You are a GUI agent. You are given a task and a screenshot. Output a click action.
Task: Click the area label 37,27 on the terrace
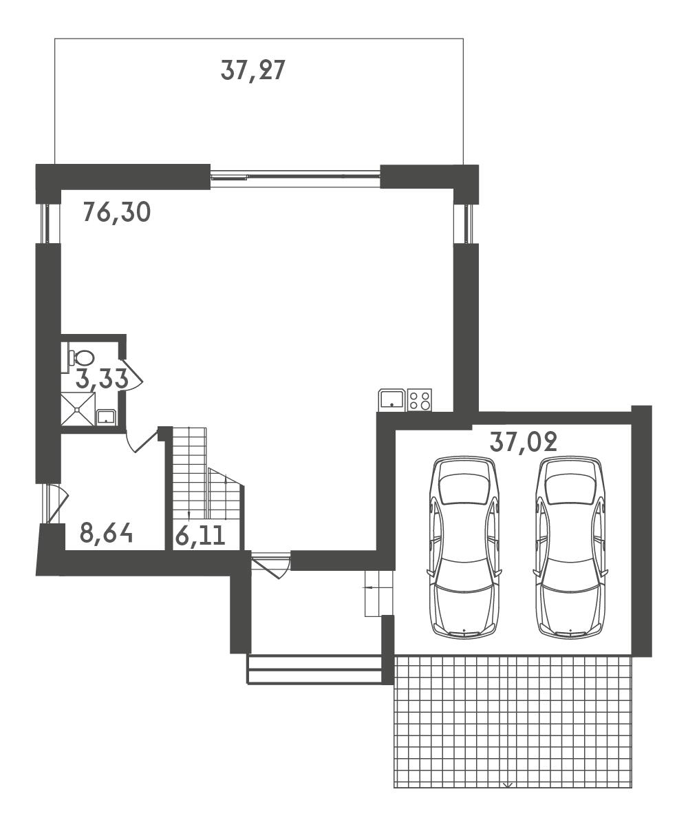252,71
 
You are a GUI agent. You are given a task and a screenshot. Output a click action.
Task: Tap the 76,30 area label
117,212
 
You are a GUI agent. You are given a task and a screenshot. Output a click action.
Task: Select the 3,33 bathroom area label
102,378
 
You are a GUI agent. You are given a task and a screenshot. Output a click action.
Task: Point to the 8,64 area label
106,533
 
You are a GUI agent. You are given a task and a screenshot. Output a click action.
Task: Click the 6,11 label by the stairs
200,536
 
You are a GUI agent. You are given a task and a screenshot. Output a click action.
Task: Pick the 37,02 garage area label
524,441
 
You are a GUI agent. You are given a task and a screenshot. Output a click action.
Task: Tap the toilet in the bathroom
80,358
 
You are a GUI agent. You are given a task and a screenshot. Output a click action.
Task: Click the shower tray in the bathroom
78,409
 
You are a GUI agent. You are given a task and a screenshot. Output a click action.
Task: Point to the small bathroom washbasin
107,417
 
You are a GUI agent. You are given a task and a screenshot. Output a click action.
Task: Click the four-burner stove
420,399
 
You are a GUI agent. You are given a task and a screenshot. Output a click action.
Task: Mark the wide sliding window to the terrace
295,176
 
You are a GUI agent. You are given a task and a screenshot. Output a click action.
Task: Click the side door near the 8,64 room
56,503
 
